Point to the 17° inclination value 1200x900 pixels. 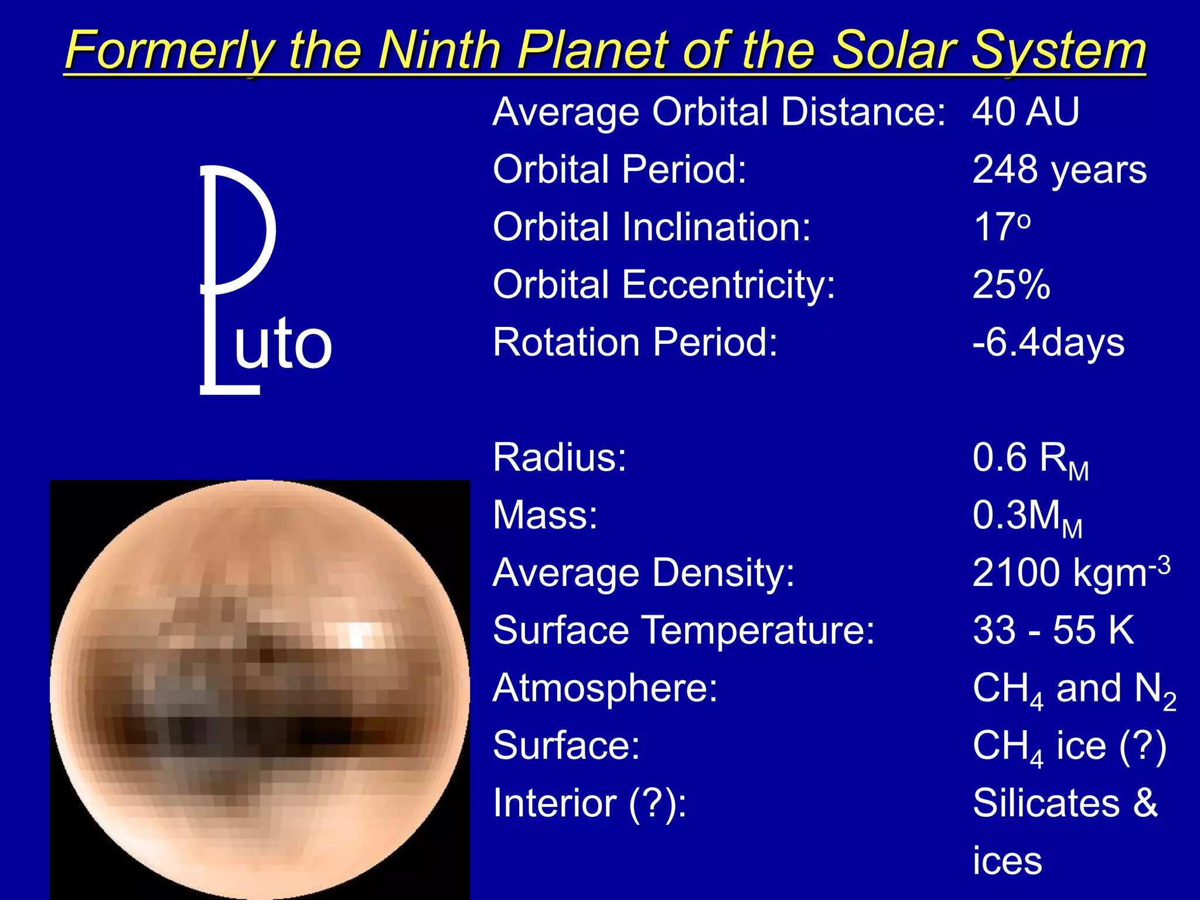[1001, 227]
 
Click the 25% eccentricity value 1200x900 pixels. [1011, 285]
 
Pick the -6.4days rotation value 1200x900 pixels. [1048, 342]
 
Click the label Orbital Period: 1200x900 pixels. [620, 169]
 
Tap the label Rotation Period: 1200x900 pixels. [635, 342]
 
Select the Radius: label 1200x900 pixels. [560, 458]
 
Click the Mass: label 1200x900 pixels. [545, 515]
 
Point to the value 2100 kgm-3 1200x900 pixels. [1071, 572]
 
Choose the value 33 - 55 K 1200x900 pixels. [1053, 630]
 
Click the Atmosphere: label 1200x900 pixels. [605, 688]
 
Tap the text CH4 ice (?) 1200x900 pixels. [1069, 746]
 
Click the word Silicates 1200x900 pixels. [1046, 803]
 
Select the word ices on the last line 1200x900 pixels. [1007, 861]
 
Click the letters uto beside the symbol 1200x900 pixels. [283, 344]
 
